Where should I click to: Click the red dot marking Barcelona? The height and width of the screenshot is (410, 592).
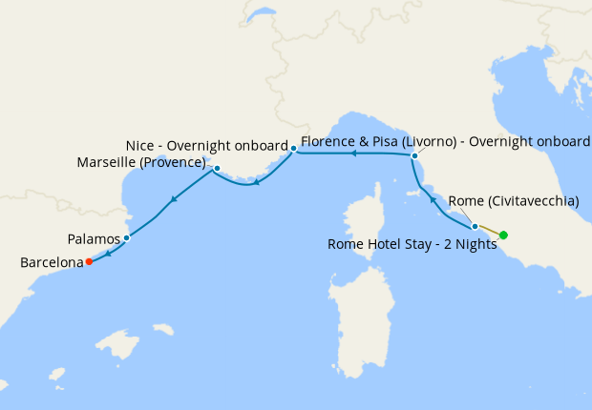89,260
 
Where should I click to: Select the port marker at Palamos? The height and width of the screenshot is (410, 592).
126,238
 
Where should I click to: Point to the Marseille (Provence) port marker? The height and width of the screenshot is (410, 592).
217,169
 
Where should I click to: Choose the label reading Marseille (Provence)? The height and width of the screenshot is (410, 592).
142,162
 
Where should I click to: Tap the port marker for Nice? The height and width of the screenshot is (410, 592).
293,148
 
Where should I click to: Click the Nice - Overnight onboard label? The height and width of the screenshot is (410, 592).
206,145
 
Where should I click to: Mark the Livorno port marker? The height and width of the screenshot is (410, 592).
414,154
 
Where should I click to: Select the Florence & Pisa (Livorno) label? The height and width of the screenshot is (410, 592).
445,141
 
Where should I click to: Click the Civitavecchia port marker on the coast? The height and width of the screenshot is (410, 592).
475,226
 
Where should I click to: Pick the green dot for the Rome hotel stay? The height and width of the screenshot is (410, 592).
503,235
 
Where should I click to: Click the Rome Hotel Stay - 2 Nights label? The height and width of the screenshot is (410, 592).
412,244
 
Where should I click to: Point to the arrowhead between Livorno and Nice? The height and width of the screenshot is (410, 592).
353,153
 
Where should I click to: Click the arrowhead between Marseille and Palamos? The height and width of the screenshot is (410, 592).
174,199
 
